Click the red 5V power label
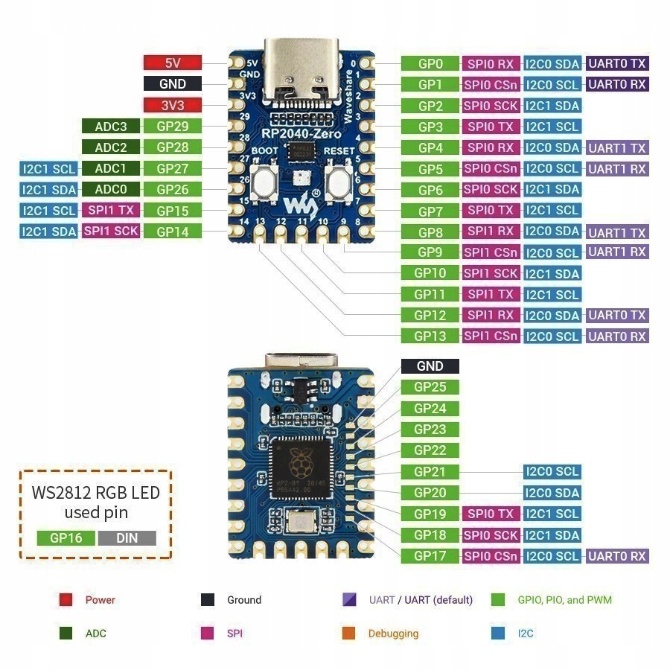pyautogui.click(x=173, y=63)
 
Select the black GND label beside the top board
pyautogui.click(x=173, y=84)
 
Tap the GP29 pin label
pyautogui.click(x=173, y=127)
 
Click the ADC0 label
pyautogui.click(x=111, y=189)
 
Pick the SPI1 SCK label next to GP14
pyautogui.click(x=111, y=231)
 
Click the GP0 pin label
pyautogui.click(x=430, y=64)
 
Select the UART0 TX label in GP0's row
pyautogui.click(x=617, y=64)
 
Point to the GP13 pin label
pyautogui.click(x=430, y=336)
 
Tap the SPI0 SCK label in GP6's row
pyautogui.click(x=491, y=189)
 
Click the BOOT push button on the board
pyautogui.click(x=264, y=180)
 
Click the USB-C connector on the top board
pyautogui.click(x=301, y=74)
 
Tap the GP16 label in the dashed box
pyautogui.click(x=66, y=537)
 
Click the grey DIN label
pyautogui.click(x=127, y=537)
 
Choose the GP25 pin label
pyautogui.click(x=430, y=386)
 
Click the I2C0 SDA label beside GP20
pyautogui.click(x=552, y=492)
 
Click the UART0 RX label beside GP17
pyautogui.click(x=617, y=555)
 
